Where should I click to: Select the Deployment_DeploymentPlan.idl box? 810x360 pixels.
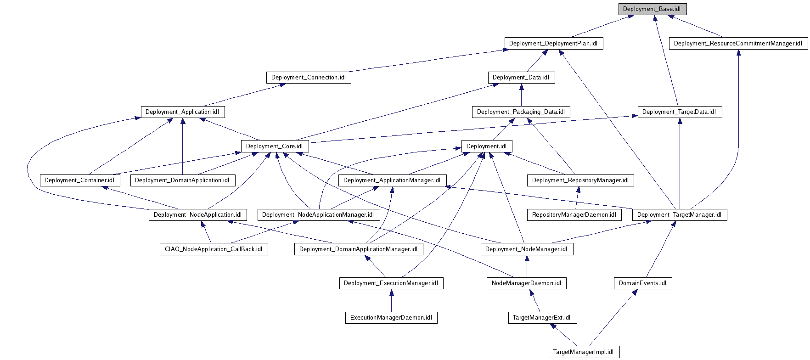pos(553,44)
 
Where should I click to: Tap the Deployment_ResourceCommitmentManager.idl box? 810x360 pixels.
pos(738,44)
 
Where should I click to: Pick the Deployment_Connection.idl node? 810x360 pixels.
pos(308,78)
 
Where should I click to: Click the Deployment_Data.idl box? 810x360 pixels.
pos(521,78)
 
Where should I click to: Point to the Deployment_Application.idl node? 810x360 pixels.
pos(182,112)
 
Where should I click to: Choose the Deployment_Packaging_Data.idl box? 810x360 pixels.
pos(521,112)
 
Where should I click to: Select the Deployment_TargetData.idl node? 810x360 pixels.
pos(679,112)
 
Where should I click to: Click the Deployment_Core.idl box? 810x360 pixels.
pos(275,146)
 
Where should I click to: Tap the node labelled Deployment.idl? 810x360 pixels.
pos(486,146)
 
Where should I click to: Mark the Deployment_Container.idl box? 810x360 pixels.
pos(79,180)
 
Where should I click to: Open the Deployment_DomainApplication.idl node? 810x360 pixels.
pos(182,180)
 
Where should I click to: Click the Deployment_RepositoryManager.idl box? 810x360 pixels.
pos(580,180)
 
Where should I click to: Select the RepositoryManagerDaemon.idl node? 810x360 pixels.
pos(574,215)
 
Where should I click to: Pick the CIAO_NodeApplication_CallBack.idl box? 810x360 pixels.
pos(214,249)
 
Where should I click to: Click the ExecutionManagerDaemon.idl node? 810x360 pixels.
pos(391,318)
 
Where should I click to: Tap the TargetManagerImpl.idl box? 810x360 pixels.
pos(583,352)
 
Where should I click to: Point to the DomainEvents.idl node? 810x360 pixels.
pos(642,283)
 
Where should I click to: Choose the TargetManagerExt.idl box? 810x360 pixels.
pos(541,318)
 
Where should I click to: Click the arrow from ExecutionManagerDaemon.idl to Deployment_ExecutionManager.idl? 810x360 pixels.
pos(391,301)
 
